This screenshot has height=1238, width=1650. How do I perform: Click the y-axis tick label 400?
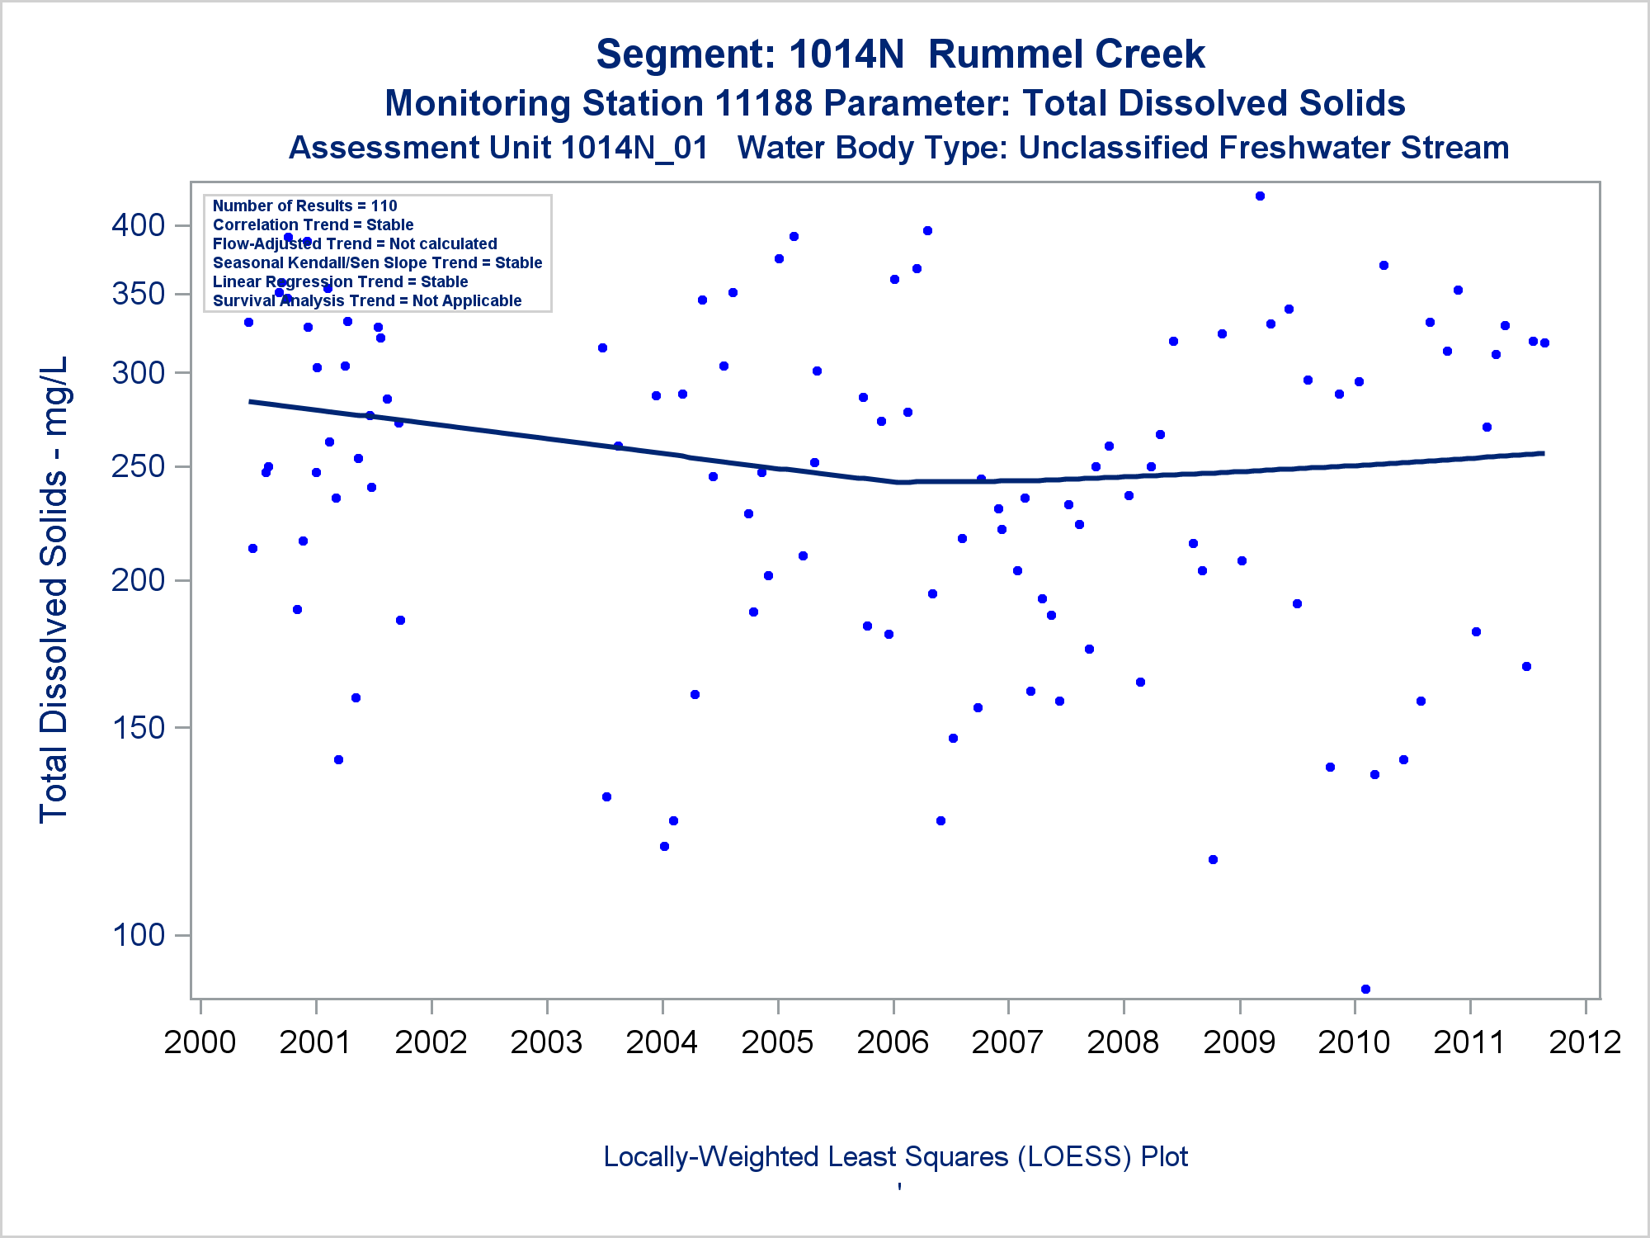(x=138, y=225)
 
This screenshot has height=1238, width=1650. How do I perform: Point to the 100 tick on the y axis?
(x=138, y=935)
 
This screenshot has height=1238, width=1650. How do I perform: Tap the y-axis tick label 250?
(x=138, y=466)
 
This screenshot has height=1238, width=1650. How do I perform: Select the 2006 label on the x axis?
(x=893, y=1042)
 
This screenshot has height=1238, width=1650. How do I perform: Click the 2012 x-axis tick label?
(x=1585, y=1042)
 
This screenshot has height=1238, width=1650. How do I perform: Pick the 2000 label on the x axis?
(x=200, y=1042)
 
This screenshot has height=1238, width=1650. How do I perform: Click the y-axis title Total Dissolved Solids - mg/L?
(x=54, y=589)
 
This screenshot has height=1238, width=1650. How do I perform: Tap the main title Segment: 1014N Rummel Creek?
(x=900, y=54)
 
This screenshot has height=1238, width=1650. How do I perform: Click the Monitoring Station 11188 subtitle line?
(x=894, y=104)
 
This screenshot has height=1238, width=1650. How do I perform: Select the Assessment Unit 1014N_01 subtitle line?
(x=898, y=148)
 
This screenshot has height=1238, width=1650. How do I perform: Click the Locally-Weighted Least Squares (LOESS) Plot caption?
(x=895, y=1156)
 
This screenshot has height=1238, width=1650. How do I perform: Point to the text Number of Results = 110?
(x=304, y=206)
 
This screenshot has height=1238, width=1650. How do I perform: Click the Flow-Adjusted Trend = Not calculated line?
(x=355, y=243)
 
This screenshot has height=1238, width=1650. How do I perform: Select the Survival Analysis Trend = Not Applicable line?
(x=367, y=300)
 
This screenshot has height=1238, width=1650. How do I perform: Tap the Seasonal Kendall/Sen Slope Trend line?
(x=377, y=262)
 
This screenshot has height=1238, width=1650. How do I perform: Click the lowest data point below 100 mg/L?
(x=1365, y=989)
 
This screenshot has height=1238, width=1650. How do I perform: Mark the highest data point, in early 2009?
(x=1260, y=196)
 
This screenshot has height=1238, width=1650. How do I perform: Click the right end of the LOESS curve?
(x=1543, y=453)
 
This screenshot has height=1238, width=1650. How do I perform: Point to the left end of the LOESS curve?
(x=251, y=402)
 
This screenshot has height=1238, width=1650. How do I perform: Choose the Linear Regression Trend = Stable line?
(x=340, y=281)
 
